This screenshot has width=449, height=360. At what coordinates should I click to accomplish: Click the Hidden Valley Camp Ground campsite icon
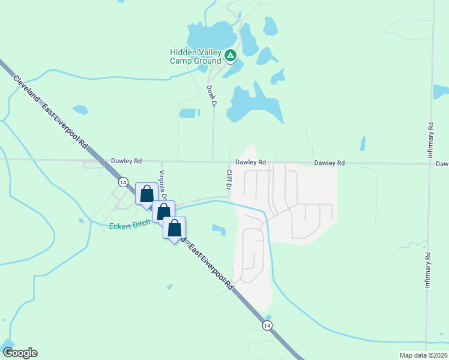(x=231, y=56)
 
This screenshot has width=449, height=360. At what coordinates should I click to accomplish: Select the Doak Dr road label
(x=211, y=95)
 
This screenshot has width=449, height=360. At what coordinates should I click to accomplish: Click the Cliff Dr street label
(x=229, y=179)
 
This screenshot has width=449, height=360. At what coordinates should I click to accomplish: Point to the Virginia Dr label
(x=162, y=185)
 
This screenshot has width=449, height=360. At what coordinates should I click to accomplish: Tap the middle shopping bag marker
(x=163, y=212)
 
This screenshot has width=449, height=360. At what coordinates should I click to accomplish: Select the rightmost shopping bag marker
(x=174, y=229)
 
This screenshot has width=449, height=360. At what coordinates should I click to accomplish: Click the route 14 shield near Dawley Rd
(x=122, y=182)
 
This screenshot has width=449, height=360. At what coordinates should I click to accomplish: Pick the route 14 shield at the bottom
(x=267, y=325)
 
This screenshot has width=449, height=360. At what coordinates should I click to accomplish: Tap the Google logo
(x=20, y=353)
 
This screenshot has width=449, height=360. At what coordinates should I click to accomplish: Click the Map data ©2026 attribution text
(x=423, y=355)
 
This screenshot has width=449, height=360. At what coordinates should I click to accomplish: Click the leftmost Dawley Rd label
(x=126, y=161)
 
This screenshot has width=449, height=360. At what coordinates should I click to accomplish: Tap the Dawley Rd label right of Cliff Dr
(x=250, y=162)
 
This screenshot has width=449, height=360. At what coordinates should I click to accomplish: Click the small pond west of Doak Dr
(x=189, y=113)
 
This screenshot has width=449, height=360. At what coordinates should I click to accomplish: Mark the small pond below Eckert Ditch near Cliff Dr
(x=218, y=229)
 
